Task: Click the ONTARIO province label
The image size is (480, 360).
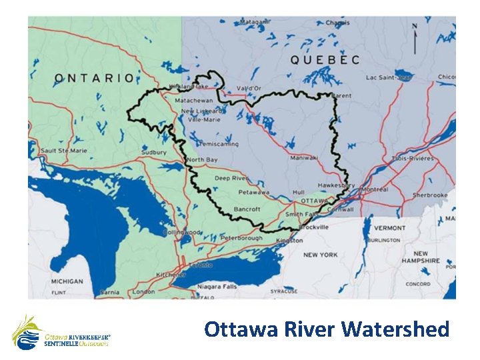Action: (x=94, y=78)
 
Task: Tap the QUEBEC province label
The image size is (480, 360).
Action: (x=325, y=60)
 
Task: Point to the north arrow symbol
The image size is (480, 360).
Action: (x=415, y=39)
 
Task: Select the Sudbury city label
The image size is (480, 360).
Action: (x=153, y=153)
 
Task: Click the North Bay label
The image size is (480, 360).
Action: (x=201, y=161)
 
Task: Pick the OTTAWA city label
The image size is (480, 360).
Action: (x=313, y=200)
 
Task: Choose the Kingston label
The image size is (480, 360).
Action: (x=289, y=239)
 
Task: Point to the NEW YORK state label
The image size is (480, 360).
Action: (x=320, y=255)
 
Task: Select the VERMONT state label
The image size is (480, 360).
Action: (x=389, y=228)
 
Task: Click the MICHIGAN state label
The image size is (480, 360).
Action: (x=67, y=281)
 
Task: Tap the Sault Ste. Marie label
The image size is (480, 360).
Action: (x=64, y=151)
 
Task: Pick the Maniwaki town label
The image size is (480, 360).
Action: (x=303, y=158)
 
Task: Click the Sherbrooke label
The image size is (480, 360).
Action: (x=429, y=195)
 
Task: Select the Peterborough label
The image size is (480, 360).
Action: (x=243, y=238)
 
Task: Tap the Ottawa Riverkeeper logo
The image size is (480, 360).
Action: (x=60, y=333)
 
